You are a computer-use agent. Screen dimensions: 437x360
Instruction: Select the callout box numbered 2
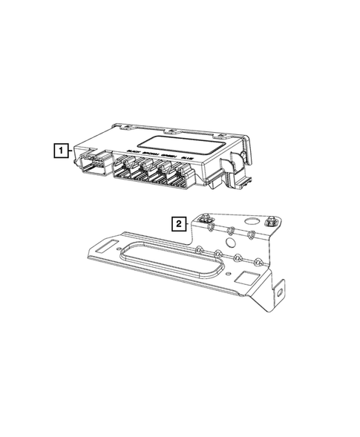pyautogui.click(x=177, y=222)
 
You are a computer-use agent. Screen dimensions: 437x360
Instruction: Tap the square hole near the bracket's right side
pyautogui.click(x=244, y=280)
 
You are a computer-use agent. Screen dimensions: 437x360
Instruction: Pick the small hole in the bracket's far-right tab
pyautogui.click(x=281, y=291)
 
